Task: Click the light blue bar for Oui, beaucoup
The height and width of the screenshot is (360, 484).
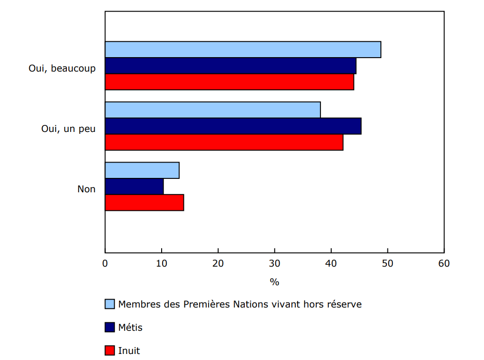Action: pos(243,50)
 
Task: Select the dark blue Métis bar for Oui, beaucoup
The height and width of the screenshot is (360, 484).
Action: pos(230,66)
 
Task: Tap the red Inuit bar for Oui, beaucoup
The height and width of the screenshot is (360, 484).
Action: pos(229,82)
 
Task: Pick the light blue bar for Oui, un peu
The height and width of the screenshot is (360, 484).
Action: pos(213,110)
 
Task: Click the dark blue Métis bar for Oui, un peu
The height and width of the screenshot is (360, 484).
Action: pos(233,126)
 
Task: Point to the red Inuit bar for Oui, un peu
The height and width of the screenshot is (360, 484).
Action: pos(224,142)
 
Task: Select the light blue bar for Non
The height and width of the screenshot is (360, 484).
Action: pos(142,170)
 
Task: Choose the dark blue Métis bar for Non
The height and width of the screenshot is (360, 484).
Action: pos(134,187)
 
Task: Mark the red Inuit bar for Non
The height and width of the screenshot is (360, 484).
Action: pos(144,203)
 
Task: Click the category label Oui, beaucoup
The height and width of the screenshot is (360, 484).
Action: pos(62,68)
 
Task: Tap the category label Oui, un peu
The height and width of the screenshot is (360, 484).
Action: pos(68,129)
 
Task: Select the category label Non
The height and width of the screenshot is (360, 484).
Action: pos(86,189)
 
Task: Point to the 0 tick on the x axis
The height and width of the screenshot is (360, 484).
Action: pos(105,263)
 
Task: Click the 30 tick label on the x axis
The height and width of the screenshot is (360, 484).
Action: pos(275,263)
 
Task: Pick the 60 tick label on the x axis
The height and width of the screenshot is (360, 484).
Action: pos(444,263)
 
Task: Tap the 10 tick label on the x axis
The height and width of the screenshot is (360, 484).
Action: pos(162,263)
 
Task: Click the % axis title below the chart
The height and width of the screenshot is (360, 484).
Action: pos(275,282)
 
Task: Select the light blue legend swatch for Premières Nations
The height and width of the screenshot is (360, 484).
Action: pos(110,304)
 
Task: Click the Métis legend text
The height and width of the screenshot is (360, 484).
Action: pos(131,327)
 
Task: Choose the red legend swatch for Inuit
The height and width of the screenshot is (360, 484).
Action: pos(110,351)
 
